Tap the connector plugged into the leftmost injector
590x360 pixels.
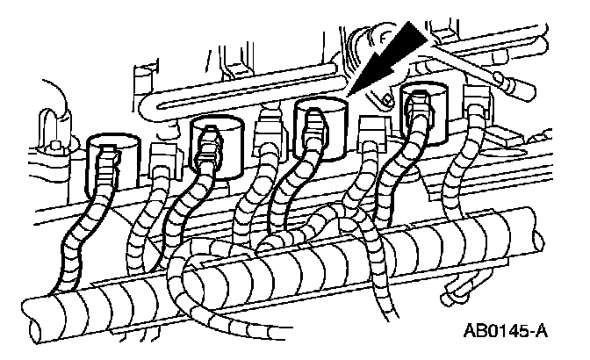point(108,162)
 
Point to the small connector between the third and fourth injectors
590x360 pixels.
point(370,128)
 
